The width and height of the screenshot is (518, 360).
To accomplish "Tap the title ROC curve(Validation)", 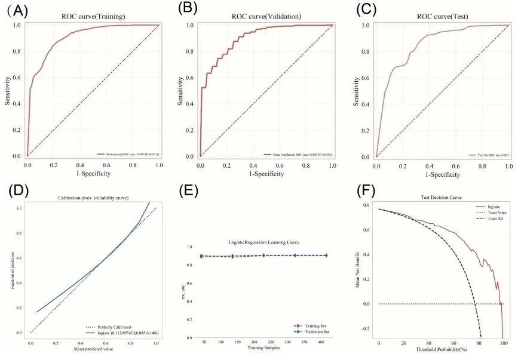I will coord(266,16).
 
